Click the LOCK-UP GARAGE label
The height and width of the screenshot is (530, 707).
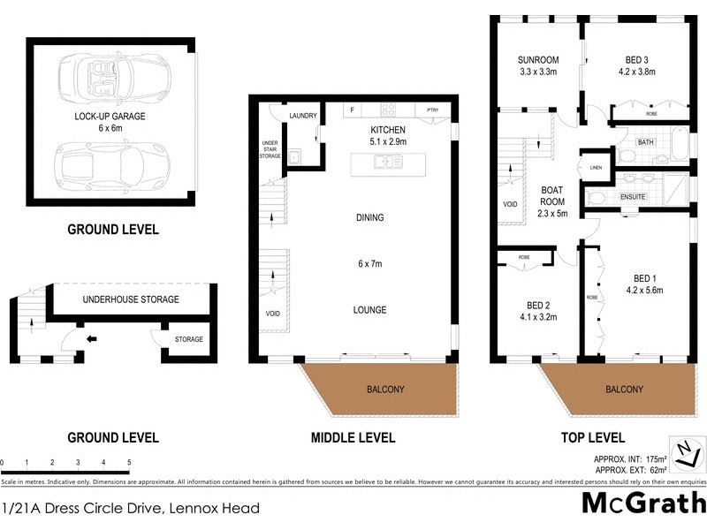110,116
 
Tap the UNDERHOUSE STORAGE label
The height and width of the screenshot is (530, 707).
131,299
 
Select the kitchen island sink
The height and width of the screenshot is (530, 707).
387,163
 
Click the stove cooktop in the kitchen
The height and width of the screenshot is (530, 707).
388,110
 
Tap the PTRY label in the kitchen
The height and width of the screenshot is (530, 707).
432,110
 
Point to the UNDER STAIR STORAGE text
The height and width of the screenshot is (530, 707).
270,149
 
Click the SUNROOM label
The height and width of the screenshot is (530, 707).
536,60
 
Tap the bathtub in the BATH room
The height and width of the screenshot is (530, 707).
678,143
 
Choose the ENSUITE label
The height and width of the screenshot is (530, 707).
633,196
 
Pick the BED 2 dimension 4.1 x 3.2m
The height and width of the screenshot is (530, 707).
537,317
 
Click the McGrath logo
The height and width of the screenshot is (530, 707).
643,503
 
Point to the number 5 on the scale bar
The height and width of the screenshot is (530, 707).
129,462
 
